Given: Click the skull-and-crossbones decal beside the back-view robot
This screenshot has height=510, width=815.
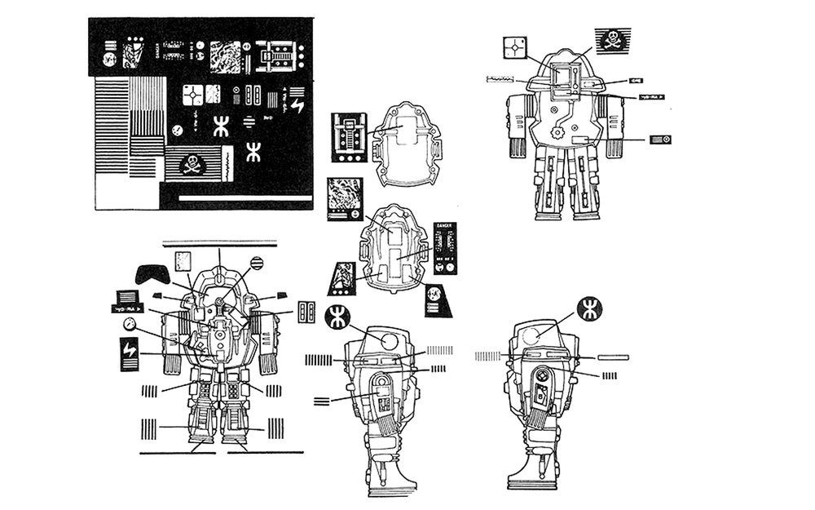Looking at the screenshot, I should click(x=610, y=39).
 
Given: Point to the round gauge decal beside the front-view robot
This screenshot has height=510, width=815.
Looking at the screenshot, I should click(x=129, y=324).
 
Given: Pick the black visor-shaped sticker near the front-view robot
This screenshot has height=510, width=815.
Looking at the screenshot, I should click(x=152, y=273).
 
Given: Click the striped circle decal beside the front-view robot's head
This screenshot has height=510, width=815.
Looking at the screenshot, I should click(x=257, y=264).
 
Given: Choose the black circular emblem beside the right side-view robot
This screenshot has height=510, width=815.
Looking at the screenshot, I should click(x=591, y=308).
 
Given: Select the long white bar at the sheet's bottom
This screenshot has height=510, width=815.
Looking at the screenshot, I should click(x=242, y=197).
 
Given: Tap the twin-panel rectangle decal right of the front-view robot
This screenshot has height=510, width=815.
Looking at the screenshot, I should click(x=306, y=313).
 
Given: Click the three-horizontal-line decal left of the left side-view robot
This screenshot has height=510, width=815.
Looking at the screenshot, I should click(x=322, y=400).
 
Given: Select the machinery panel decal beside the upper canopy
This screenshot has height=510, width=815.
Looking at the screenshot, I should click(x=349, y=136).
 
